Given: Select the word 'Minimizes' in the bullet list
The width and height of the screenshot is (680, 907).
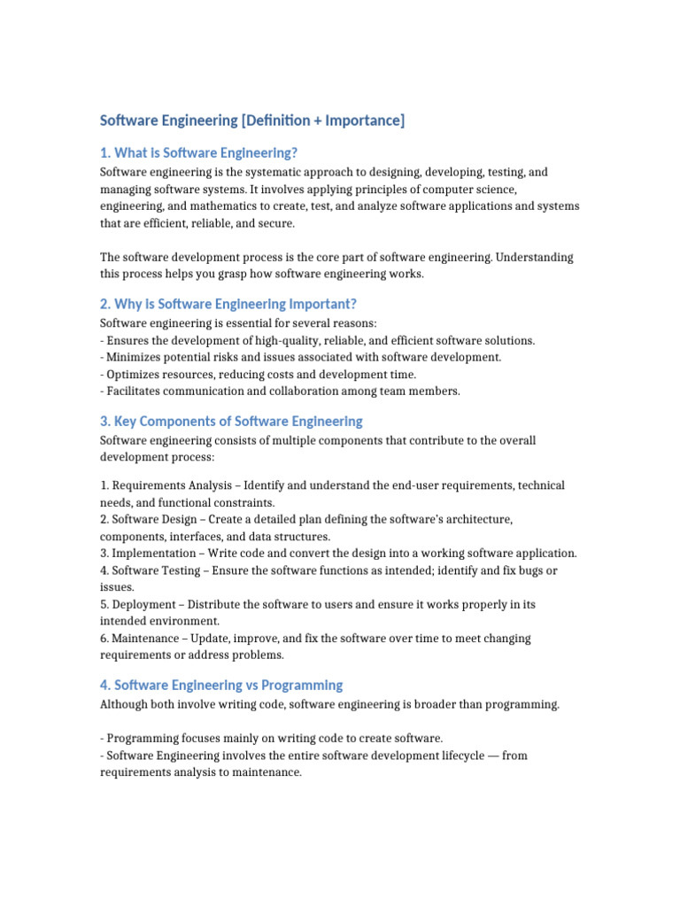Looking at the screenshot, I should coord(133,357).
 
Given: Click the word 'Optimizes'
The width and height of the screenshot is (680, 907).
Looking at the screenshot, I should coord(132,375).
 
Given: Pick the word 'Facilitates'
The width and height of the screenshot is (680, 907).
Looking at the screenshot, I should coord(135,391).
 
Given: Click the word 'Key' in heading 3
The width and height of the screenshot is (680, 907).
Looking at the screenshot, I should coord(126,421).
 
